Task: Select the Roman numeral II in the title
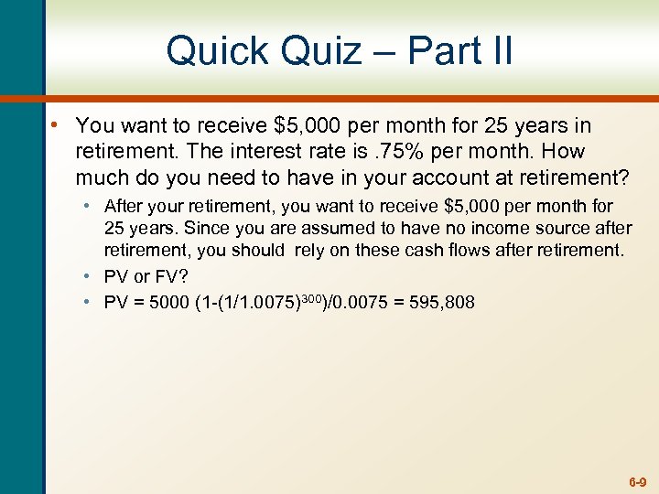pyautogui.click(x=499, y=50)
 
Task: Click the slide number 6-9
pyautogui.click(x=637, y=480)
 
